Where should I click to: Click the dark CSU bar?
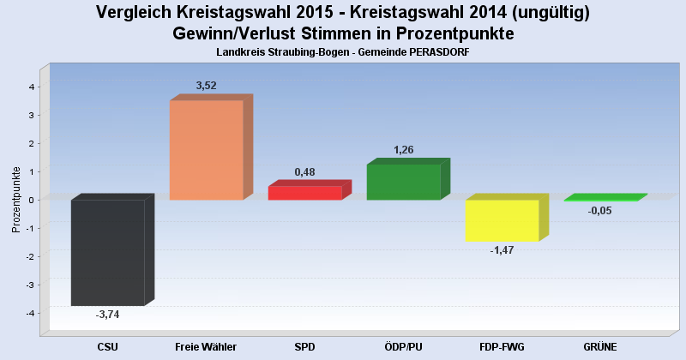click(x=107, y=253)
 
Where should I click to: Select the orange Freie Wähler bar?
click(x=206, y=150)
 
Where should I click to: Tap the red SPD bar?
click(x=304, y=193)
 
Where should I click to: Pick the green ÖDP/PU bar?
click(x=403, y=182)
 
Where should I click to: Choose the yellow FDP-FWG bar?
click(x=502, y=220)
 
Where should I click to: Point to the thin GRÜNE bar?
click(x=600, y=199)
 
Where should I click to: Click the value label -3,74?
click(x=108, y=315)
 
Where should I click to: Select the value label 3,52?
click(x=207, y=86)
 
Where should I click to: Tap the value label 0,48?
click(x=305, y=172)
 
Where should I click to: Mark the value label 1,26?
click(x=404, y=150)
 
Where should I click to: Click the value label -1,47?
click(x=502, y=250)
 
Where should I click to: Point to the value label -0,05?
click(x=600, y=211)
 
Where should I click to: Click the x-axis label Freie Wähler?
click(x=206, y=346)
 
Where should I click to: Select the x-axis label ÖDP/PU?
click(x=403, y=346)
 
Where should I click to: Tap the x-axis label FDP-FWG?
click(x=502, y=346)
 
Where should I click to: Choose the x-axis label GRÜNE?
click(x=600, y=346)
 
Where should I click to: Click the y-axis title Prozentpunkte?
click(x=16, y=199)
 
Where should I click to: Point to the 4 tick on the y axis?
click(x=31, y=87)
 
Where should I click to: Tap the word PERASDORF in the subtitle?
click(x=432, y=52)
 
